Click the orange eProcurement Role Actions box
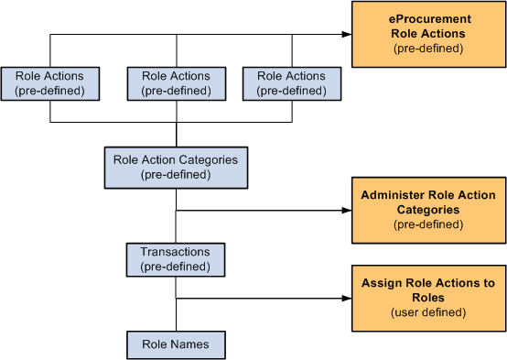pos(428,34)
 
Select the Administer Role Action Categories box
pos(428,210)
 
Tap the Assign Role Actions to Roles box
pos(428,298)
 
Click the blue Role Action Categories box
pos(175,167)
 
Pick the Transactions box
pos(175,259)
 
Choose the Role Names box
pos(175,344)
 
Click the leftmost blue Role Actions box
pos(50,83)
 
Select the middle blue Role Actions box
pos(176,83)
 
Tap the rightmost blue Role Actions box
pos(292,83)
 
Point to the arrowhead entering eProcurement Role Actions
pos(346,34)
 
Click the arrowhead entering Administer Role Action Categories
pos(346,210)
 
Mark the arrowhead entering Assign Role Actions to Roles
pos(346,298)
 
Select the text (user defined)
pos(428,312)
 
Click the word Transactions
pos(175,252)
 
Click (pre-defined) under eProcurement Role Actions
pos(428,48)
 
